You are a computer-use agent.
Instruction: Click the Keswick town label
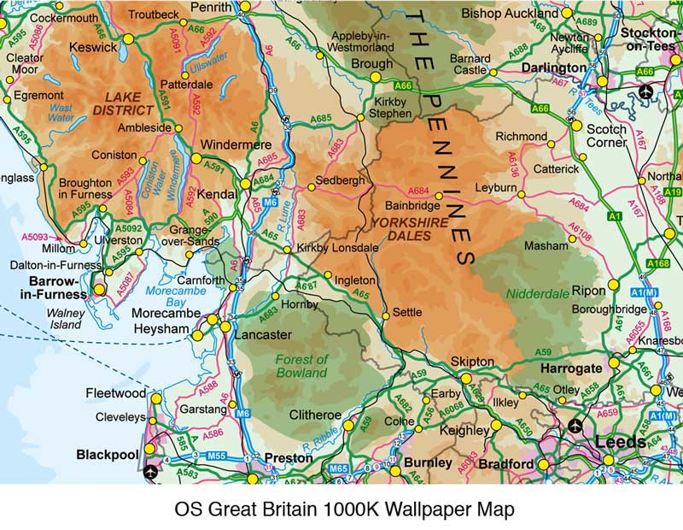point(93,48)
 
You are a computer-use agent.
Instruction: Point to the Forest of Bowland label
point(301,366)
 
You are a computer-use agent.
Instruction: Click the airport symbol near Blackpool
point(152,471)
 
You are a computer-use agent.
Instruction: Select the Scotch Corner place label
point(607,136)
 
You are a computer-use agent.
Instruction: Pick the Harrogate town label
point(571,367)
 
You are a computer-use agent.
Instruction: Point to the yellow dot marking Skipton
point(465,377)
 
